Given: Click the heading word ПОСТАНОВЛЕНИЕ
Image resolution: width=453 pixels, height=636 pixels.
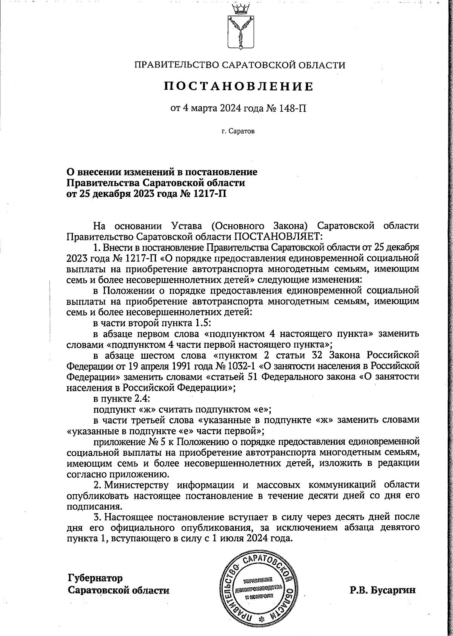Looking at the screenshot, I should point(239,87).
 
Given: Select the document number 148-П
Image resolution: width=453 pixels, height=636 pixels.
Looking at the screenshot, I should point(293,109).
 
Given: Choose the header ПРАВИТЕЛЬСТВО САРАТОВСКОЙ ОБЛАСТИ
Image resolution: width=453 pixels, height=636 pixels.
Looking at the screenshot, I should point(240,65).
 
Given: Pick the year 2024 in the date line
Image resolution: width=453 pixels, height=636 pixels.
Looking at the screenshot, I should point(242,109).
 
